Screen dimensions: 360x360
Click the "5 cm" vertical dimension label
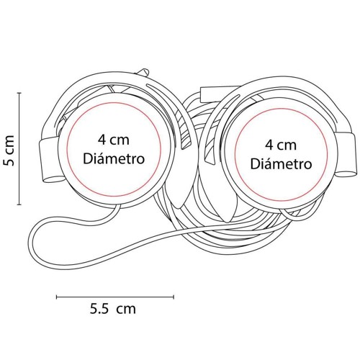[x=9, y=150]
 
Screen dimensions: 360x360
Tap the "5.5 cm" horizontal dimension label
[x=113, y=309]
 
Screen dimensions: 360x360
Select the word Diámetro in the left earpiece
[x=114, y=158]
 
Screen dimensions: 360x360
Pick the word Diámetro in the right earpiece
[x=281, y=164]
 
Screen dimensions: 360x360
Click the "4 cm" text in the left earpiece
[x=113, y=140]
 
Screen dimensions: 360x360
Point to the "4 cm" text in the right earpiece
[x=281, y=145]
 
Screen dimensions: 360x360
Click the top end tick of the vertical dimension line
[x=19, y=93]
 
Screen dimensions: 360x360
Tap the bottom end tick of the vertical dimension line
[x=19, y=204]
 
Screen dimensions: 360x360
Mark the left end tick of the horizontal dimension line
[x=57, y=297]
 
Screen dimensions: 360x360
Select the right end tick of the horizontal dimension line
[x=174, y=297]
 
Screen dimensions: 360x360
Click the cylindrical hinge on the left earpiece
[x=49, y=161]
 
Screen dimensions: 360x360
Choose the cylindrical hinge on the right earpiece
[x=346, y=155]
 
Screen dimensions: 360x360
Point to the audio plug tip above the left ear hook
[x=143, y=72]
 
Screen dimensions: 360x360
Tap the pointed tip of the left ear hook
[x=178, y=207]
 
